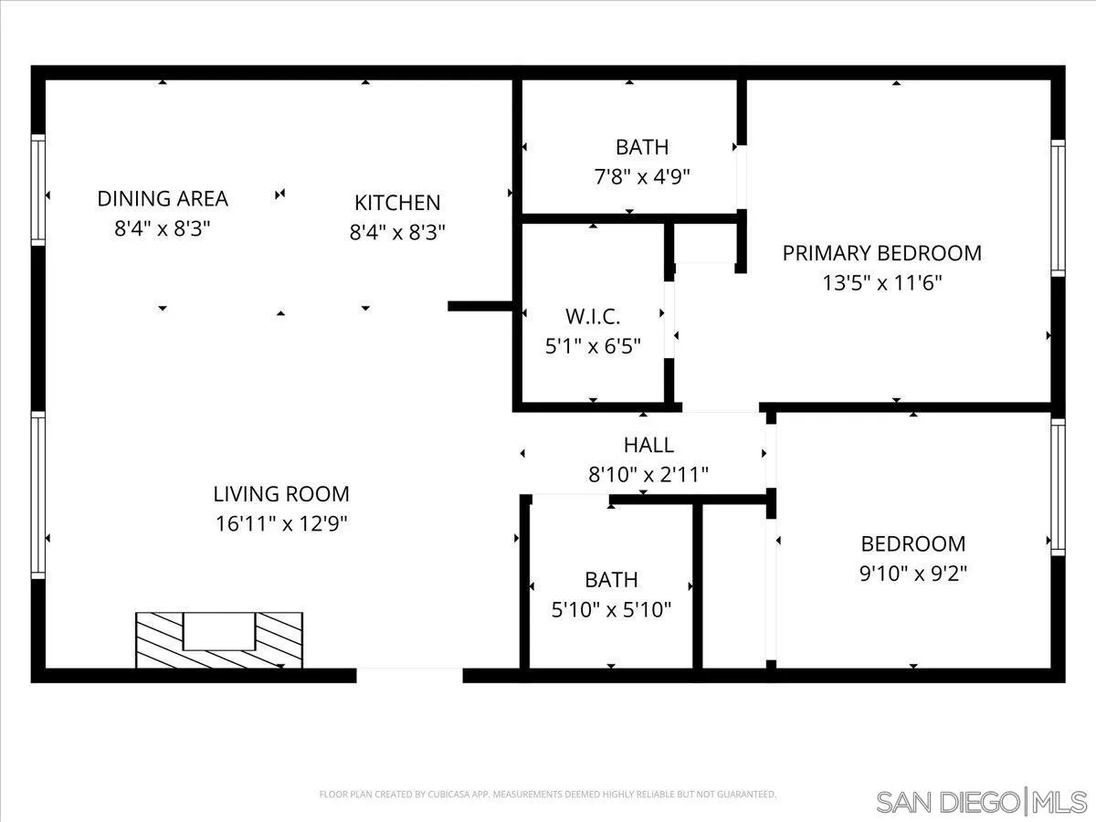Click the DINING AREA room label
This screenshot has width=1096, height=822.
click(x=163, y=198)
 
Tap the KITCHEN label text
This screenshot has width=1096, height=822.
click(x=397, y=203)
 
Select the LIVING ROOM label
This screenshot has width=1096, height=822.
click(x=281, y=494)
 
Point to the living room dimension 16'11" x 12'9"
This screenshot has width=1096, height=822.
click(x=281, y=523)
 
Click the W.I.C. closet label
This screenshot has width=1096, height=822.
click(x=593, y=317)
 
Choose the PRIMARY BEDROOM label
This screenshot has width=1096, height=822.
click(x=881, y=253)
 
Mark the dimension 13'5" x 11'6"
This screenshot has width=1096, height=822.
click(x=881, y=282)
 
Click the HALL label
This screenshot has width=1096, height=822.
click(x=648, y=445)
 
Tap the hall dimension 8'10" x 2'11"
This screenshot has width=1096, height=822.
click(x=648, y=474)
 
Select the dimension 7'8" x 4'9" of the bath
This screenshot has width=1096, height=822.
click(x=641, y=176)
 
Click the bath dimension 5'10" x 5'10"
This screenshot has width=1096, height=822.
click(x=611, y=609)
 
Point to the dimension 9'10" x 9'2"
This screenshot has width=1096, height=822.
click(x=913, y=573)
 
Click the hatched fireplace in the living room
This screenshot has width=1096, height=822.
click(x=219, y=640)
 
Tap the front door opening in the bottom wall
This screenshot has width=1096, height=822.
click(x=409, y=675)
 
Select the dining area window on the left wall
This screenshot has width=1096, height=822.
click(x=38, y=190)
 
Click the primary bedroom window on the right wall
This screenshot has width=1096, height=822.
click(x=1058, y=208)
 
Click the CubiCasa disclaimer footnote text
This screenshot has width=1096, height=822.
click(x=548, y=795)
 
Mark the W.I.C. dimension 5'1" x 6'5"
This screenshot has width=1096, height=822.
click(x=593, y=346)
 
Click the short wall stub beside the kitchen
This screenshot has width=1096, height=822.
click(x=480, y=306)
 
